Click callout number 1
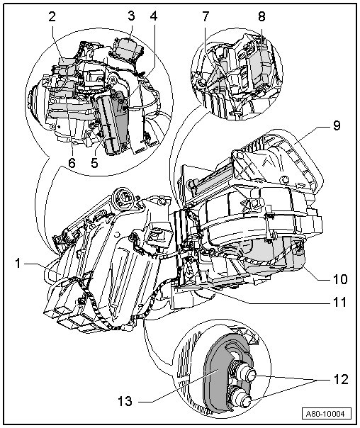[18, 264]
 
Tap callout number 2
[52, 17]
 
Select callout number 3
[131, 16]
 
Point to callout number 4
[154, 16]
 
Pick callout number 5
[94, 163]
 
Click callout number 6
[72, 163]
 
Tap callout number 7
[206, 16]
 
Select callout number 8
[261, 16]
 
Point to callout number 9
[337, 125]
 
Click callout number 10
[339, 279]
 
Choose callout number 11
[339, 303]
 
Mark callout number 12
[341, 380]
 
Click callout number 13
[125, 402]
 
